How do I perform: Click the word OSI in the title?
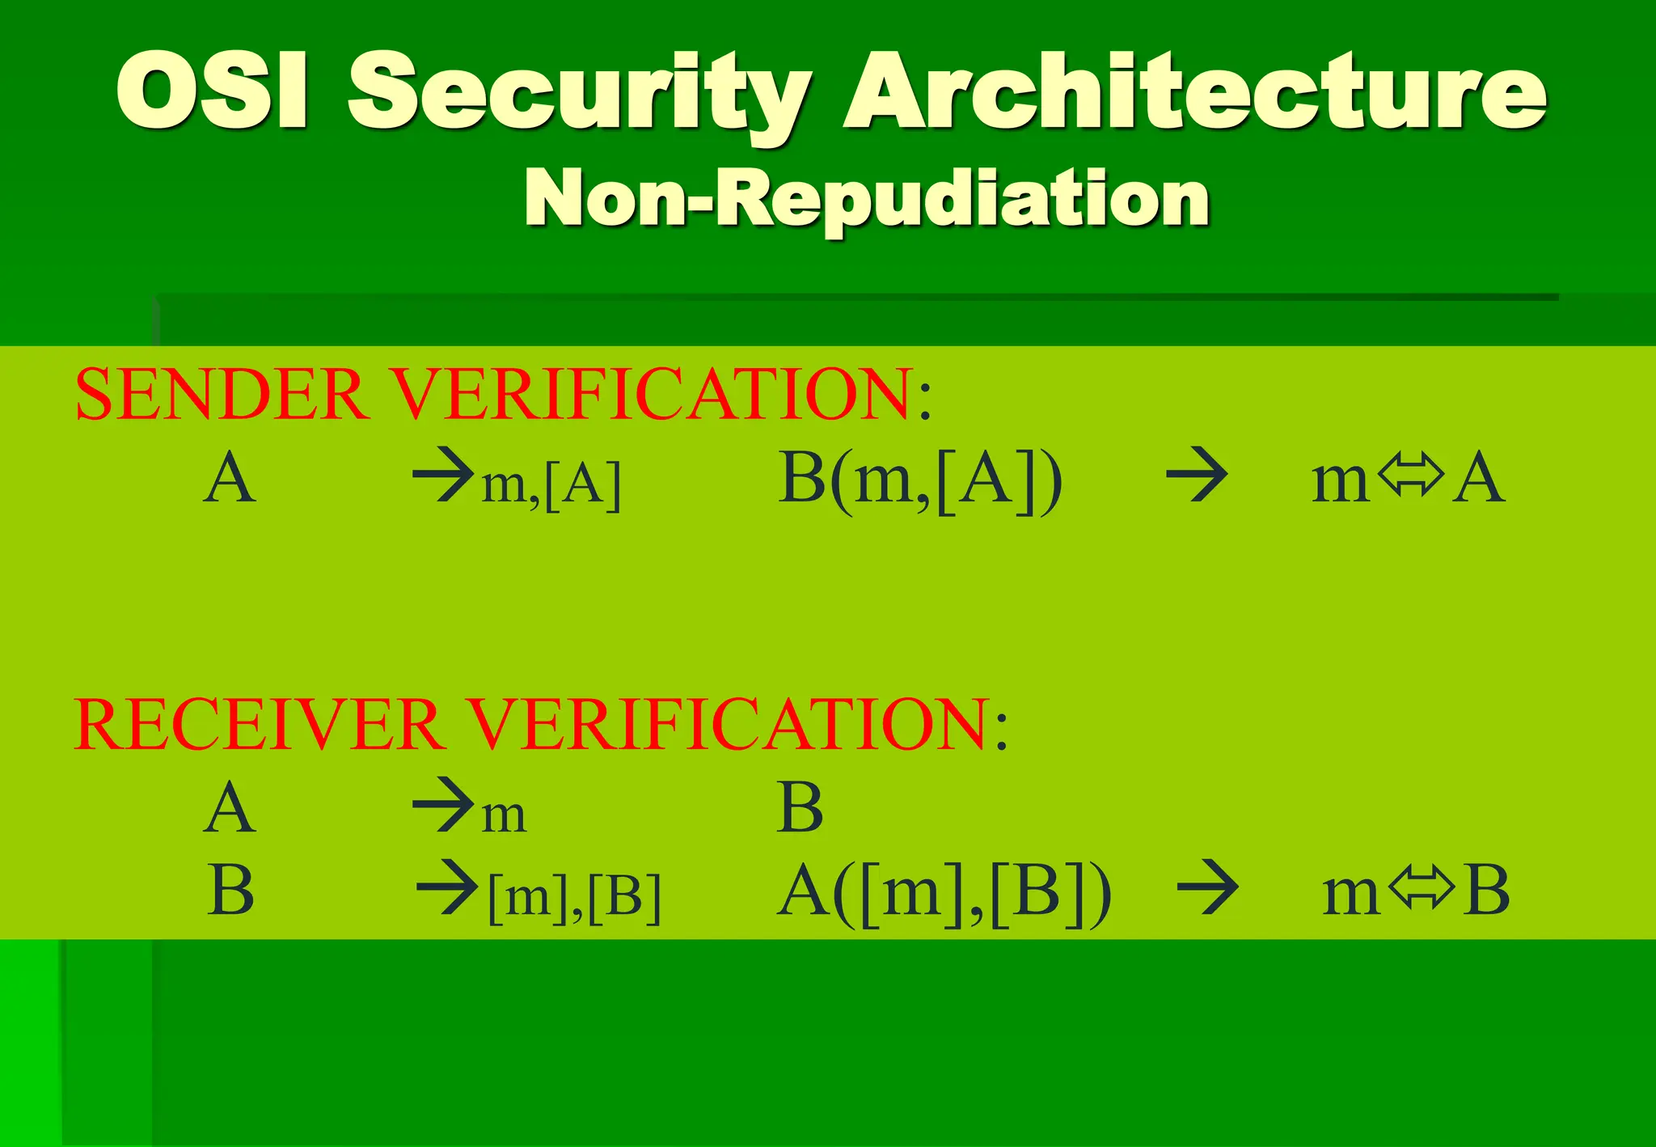212,91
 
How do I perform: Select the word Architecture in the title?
1194,91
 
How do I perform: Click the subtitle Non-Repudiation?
866,198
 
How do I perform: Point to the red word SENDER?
219,395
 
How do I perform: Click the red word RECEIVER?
257,724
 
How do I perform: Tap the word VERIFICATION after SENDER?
653,395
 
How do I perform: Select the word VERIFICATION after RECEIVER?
728,724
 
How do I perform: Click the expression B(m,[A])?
919,480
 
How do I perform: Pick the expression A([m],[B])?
944,893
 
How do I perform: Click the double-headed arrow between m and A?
1410,475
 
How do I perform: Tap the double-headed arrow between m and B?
1421,888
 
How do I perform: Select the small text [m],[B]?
575,897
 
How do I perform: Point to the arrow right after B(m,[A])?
1197,477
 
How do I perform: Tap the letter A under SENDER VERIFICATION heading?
230,479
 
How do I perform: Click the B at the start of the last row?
230,890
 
